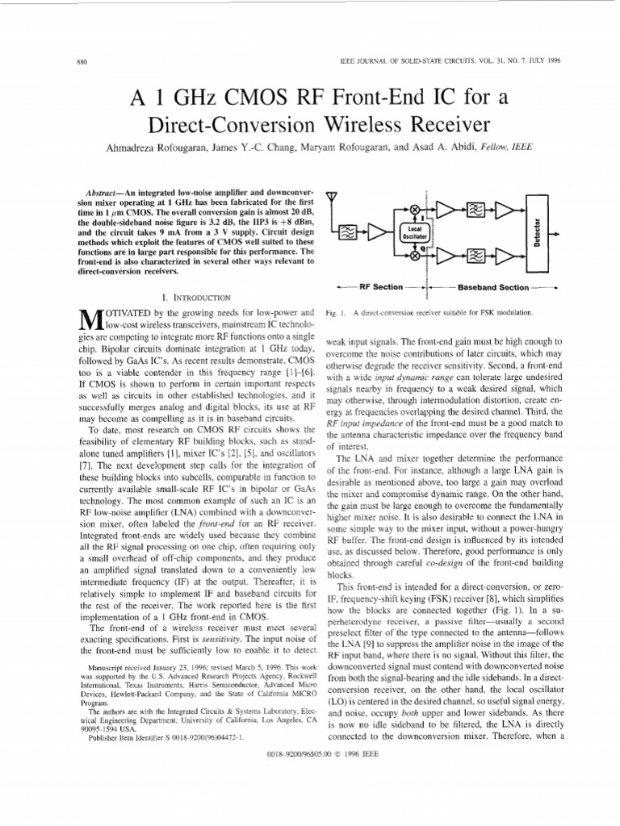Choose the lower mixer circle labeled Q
(x=416, y=256)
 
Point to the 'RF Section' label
(x=380, y=286)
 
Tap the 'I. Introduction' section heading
(x=185, y=298)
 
